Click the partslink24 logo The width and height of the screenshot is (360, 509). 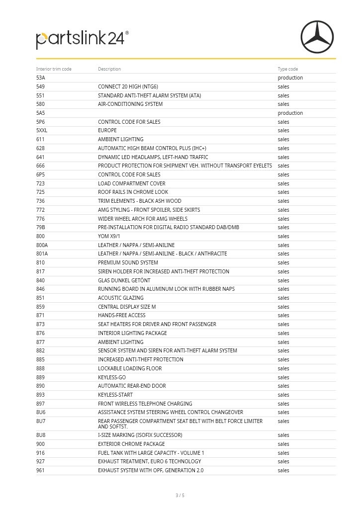coord(82,39)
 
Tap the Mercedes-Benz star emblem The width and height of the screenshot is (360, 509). coord(317,37)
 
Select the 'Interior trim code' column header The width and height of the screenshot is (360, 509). coord(54,69)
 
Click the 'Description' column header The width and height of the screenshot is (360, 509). coord(109,69)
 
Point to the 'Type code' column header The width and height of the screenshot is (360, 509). coord(288,69)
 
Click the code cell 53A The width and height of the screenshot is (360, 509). coord(41,78)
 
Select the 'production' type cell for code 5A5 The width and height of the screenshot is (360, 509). coord(290,113)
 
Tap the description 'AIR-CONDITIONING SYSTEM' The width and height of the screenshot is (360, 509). coord(130,104)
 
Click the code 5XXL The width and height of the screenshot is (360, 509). coord(42,131)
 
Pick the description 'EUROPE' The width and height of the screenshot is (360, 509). coord(107,131)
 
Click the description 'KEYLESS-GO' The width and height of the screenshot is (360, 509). coord(112,377)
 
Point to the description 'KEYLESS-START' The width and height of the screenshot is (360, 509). coord(115,395)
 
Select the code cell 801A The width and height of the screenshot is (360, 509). coord(42,254)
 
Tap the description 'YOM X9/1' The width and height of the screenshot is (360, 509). coord(109,237)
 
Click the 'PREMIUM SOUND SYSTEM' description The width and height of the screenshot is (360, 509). coord(128,263)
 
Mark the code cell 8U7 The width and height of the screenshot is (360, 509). coord(41,422)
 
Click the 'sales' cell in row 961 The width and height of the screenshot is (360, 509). coord(283,471)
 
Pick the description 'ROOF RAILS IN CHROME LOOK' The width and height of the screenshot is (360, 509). coord(133,192)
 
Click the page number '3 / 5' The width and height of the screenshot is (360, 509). coord(180,496)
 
